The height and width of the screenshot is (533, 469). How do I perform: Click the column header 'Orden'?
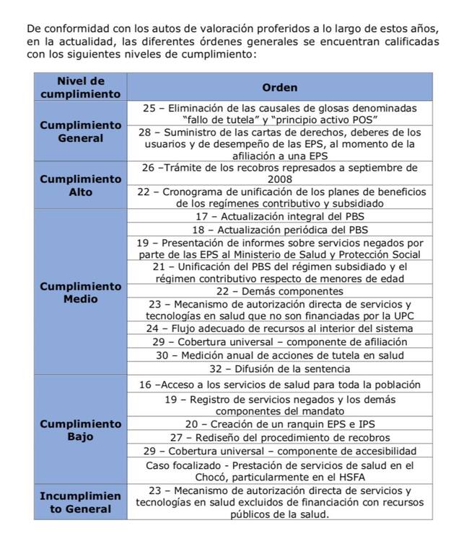[x=279, y=87]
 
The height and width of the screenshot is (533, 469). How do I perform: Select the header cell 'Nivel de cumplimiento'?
[x=80, y=87]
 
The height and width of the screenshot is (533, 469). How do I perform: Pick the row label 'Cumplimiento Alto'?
[x=80, y=186]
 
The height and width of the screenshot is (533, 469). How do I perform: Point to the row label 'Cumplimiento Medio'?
[x=80, y=292]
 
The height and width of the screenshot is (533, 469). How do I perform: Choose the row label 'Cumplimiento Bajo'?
[x=80, y=431]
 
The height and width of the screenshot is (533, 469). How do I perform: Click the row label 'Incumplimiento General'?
[x=80, y=503]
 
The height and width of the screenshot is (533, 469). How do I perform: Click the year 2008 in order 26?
[x=279, y=179]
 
